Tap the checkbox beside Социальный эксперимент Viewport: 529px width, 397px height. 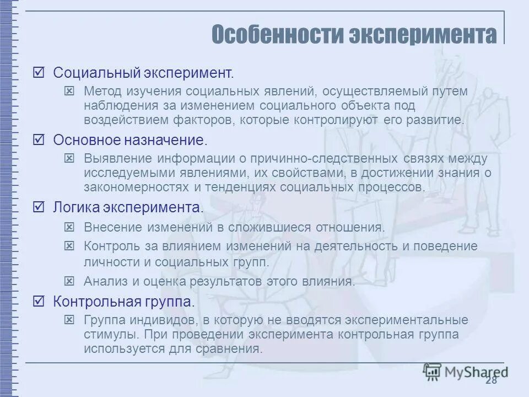pos(39,72)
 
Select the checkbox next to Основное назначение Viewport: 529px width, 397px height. pos(39,140)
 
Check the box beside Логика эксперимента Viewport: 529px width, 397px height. pos(39,208)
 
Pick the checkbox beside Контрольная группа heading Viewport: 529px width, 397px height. pos(39,302)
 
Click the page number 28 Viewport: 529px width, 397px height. pos(492,380)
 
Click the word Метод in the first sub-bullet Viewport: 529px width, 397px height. pos(100,90)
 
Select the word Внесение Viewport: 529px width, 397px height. pos(111,227)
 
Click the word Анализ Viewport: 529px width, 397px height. pos(104,281)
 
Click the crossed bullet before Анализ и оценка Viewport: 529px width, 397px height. pos(69,281)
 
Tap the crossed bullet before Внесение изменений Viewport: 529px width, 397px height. pos(69,227)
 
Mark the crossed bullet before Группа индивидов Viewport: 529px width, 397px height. pos(69,320)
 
